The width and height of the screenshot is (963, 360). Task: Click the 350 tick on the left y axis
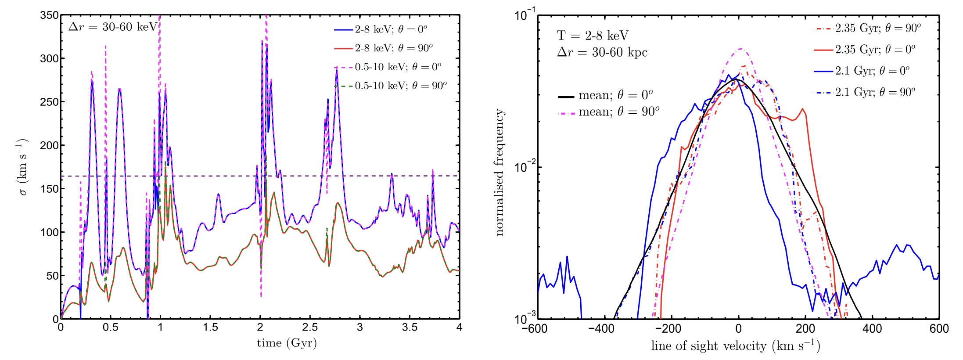[49, 15]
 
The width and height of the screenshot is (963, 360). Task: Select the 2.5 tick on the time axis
[310, 328]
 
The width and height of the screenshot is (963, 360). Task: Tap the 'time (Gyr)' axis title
[287, 343]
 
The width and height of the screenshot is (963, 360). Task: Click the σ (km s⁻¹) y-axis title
[22, 167]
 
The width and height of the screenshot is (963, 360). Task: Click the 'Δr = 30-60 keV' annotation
[113, 27]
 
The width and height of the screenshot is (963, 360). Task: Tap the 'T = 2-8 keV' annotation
[593, 36]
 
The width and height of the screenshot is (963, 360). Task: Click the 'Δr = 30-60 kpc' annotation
[602, 53]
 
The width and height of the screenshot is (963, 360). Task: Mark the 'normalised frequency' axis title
[499, 172]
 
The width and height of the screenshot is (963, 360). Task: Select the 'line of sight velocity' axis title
[735, 346]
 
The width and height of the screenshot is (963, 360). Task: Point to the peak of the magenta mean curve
[741, 49]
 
